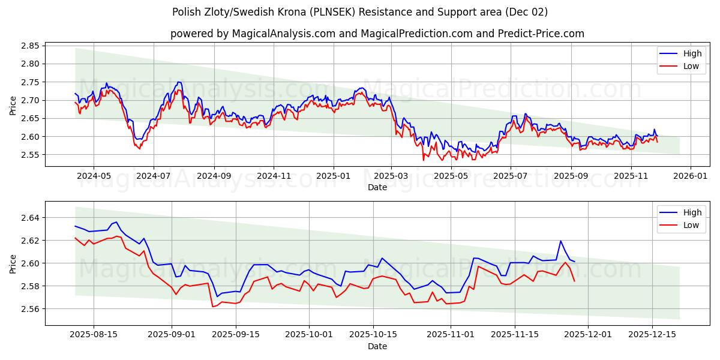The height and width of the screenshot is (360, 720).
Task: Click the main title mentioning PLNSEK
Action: coord(360,12)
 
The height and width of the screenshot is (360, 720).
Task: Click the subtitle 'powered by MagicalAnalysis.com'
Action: coord(252,34)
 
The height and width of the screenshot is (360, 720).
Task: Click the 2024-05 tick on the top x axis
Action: coord(94,176)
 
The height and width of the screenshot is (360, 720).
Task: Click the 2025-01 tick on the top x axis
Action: coord(333,176)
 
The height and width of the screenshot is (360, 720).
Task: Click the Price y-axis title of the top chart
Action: coord(13,105)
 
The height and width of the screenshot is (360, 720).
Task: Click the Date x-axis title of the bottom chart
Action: coord(377,346)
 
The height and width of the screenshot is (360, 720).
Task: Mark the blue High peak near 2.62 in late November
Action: coord(560,241)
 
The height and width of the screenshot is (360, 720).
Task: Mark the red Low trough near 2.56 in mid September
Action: coord(212,307)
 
